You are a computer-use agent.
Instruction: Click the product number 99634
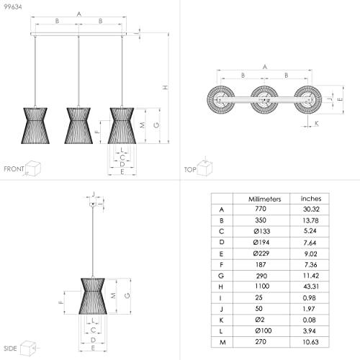13,6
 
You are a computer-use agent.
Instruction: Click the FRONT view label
14,169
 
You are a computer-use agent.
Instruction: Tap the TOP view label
190,170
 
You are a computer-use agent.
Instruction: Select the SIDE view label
10,348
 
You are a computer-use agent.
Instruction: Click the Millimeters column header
264,199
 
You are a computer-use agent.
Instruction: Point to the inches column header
311,199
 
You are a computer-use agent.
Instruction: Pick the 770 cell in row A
261,209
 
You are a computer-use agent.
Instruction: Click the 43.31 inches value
311,287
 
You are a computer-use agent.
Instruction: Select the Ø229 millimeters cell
261,253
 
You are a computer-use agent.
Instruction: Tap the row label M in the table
222,342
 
